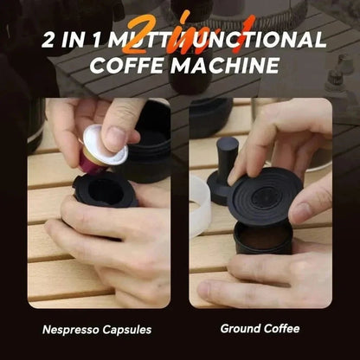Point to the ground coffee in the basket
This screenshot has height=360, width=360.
(260, 236)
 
